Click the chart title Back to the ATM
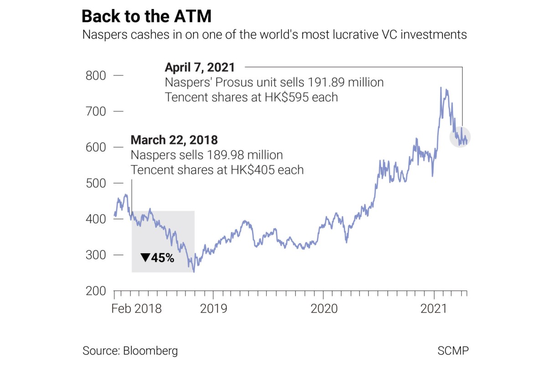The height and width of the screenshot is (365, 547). coord(146,16)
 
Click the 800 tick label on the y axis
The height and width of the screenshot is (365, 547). coord(96,75)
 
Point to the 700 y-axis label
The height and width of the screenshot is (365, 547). coord(96,111)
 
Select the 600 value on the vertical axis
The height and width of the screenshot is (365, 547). coord(96,147)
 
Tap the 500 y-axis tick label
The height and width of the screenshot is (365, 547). coord(96,183)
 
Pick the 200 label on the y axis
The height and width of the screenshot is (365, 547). coord(96,291)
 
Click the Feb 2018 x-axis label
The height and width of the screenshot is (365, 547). coord(137,309)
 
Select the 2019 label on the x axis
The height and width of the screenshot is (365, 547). coord(213,309)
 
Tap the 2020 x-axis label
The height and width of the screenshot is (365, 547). coord(324,309)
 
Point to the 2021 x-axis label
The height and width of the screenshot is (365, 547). coord(433,309)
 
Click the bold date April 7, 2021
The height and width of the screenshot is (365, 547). coord(200,68)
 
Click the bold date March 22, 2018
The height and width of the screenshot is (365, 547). coord(175,140)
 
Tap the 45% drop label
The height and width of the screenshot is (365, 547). coord(158,258)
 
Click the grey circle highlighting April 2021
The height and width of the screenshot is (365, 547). coord(460,137)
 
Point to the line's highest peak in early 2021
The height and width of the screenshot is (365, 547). coord(441,87)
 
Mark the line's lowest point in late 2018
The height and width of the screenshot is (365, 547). coord(194,272)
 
